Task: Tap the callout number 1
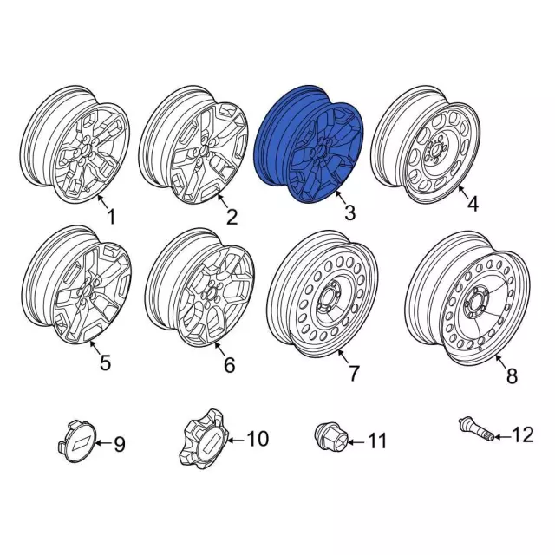pyautogui.click(x=109, y=214)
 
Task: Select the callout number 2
pyautogui.click(x=231, y=214)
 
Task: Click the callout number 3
pyautogui.click(x=349, y=212)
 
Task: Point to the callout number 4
pyautogui.click(x=473, y=205)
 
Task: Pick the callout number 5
pyautogui.click(x=105, y=363)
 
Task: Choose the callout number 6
pyautogui.click(x=229, y=366)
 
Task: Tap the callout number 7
pyautogui.click(x=354, y=374)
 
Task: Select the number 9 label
pyautogui.click(x=120, y=445)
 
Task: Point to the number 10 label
pyautogui.click(x=258, y=440)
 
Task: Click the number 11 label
pyautogui.click(x=376, y=442)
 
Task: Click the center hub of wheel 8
pyautogui.click(x=476, y=304)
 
